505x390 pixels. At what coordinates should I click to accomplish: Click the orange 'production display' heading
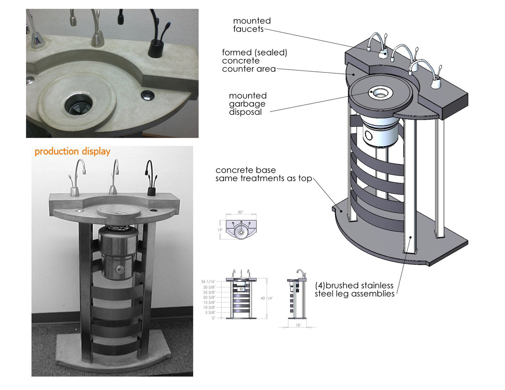click(72, 151)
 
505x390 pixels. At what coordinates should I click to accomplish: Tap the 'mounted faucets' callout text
click(251, 25)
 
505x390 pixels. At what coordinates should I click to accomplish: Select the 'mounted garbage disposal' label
click(248, 104)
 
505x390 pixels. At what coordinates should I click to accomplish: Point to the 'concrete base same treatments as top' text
click(263, 174)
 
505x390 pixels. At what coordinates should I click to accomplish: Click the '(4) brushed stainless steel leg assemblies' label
click(354, 290)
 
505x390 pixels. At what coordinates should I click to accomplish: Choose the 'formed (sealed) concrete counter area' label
click(254, 61)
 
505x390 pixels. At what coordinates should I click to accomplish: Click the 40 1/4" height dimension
click(267, 298)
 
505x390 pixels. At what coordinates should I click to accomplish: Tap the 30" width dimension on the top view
click(240, 212)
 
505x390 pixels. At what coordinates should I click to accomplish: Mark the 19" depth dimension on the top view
click(220, 230)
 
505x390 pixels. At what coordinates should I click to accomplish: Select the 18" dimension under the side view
click(298, 325)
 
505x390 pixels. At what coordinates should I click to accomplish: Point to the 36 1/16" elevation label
click(208, 282)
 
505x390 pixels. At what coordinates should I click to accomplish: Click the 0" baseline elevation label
click(213, 318)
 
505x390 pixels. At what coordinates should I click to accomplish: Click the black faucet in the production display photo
click(150, 180)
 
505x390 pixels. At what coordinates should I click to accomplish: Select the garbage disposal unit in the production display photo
click(118, 252)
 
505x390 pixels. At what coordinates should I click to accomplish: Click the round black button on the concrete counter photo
click(148, 96)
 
